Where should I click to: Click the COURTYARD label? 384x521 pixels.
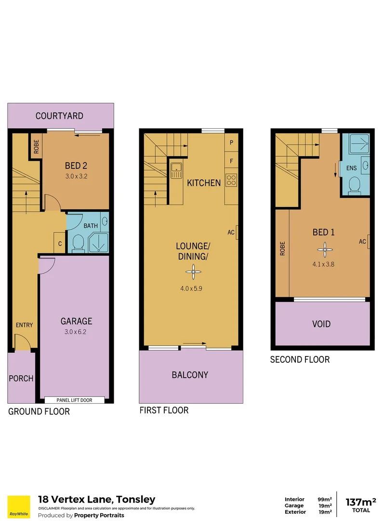[x=60, y=116]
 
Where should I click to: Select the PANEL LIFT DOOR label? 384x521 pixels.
[x=74, y=400]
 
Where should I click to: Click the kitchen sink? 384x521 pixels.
[x=175, y=169]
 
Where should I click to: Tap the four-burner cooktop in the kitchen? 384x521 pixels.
[x=231, y=180]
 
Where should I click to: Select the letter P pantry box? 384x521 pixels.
[x=231, y=142]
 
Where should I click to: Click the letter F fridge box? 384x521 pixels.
[x=231, y=161]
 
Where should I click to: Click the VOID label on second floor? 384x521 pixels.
[x=321, y=324]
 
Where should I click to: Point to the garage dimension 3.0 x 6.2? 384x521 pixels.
[x=76, y=331]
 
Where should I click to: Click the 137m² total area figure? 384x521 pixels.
[x=361, y=502]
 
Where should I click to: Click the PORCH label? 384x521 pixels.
[x=21, y=378]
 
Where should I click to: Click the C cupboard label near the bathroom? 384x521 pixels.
[x=60, y=244]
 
